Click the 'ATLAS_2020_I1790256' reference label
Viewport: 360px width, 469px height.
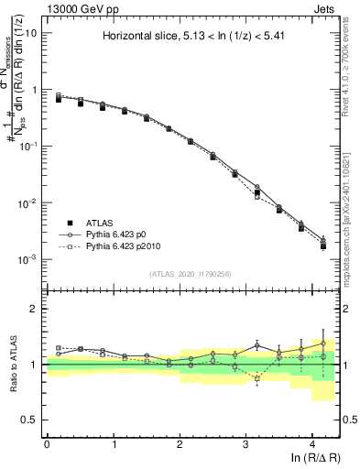(x=191, y=274)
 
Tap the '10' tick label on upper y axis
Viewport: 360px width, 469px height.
(x=29, y=33)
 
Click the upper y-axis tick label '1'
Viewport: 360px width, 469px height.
(x=33, y=90)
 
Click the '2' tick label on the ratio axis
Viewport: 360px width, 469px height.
(x=34, y=309)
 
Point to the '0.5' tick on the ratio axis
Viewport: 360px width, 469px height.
(x=29, y=420)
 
